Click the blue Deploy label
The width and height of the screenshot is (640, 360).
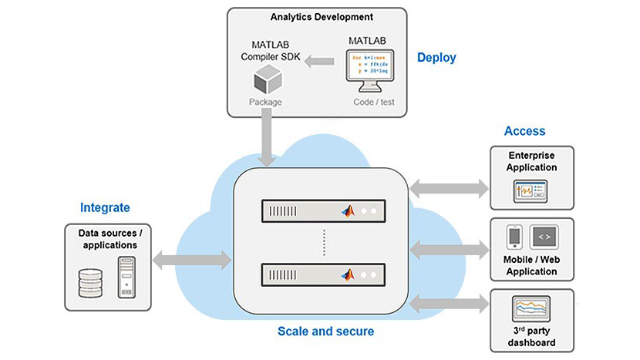point(436,57)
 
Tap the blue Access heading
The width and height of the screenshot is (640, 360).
point(524,131)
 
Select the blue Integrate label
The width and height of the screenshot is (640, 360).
point(105,207)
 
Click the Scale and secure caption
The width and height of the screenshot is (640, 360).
point(325,331)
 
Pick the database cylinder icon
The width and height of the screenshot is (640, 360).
point(90,281)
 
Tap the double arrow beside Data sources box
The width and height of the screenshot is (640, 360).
point(192,260)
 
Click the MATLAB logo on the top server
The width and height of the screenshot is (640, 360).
point(349,210)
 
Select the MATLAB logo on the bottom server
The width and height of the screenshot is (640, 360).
point(349,272)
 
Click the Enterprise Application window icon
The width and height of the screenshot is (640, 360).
point(531,190)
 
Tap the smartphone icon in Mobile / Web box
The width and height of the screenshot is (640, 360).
point(514,237)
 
